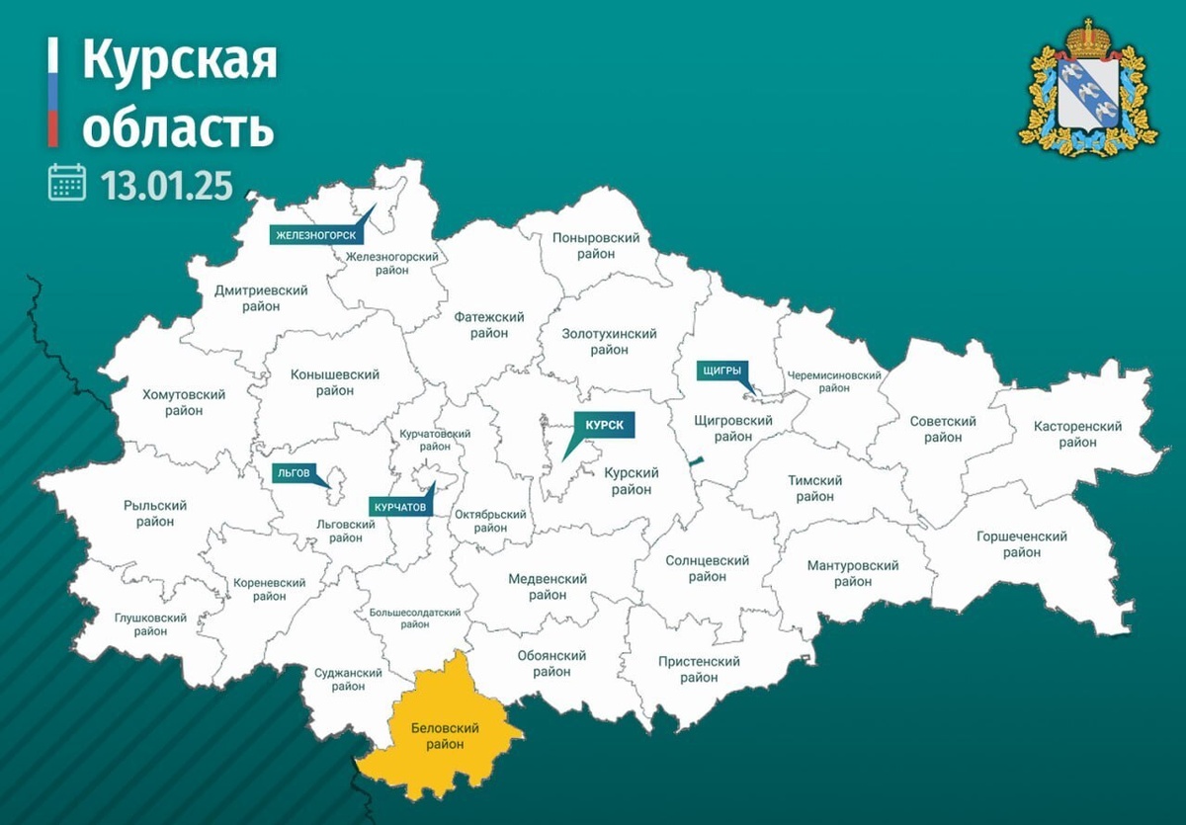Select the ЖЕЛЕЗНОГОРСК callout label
(x=313, y=235)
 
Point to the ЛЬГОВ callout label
(x=290, y=473)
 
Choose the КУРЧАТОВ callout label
(x=400, y=506)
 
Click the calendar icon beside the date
(x=67, y=183)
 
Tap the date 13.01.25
(x=166, y=184)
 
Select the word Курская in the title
(x=179, y=61)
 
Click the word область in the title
(x=177, y=127)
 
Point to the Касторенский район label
(x=1077, y=434)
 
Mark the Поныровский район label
(x=597, y=246)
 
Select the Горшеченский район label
(x=1021, y=544)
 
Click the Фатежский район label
(x=489, y=325)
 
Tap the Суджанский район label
(x=348, y=681)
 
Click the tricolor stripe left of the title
(x=53, y=94)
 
